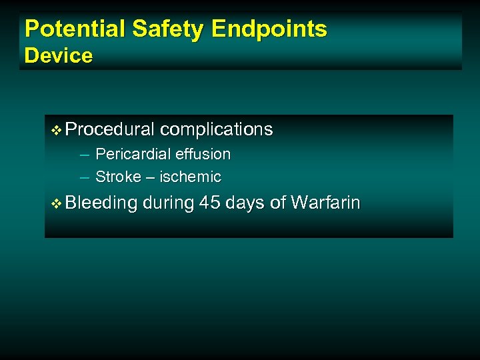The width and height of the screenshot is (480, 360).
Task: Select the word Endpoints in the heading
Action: point(269,29)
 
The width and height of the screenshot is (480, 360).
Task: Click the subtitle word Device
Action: point(59,55)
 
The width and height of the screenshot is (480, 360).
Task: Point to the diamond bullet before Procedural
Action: point(56,129)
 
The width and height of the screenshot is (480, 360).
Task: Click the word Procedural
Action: point(111,129)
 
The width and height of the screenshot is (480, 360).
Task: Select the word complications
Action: point(217,129)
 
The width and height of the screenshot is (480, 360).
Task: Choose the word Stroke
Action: point(118,177)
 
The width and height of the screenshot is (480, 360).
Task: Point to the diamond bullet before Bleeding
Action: point(56,203)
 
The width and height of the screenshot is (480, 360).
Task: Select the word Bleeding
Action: point(102,203)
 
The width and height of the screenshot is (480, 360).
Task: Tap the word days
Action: point(246,203)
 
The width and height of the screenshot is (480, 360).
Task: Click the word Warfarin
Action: point(325,203)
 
